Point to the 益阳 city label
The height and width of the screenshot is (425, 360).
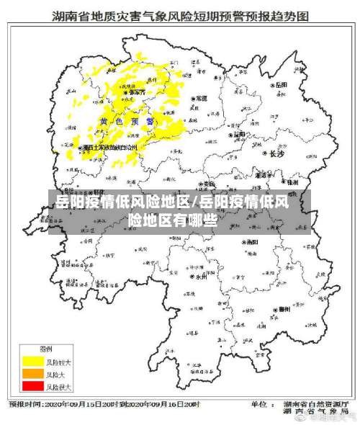[x=239, y=133]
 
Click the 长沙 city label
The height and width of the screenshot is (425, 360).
[x=276, y=153]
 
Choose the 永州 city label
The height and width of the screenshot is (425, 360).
[x=200, y=275]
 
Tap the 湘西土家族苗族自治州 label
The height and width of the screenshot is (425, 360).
[x=109, y=147]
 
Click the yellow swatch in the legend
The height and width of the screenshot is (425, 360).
[x=33, y=361]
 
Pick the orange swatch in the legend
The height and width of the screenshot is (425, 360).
[x=33, y=374]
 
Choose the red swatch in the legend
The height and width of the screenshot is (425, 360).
[x=33, y=386]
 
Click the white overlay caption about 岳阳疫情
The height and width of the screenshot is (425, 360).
[x=180, y=210]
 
